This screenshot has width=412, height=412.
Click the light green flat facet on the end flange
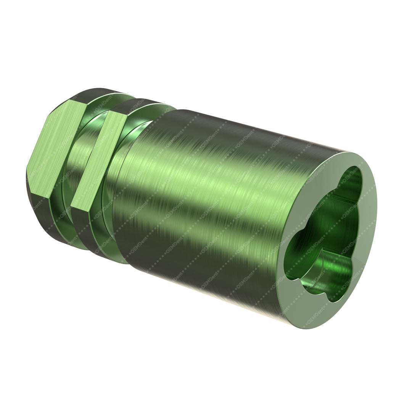point(57,149)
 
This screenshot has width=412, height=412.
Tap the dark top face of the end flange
point(92,93)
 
